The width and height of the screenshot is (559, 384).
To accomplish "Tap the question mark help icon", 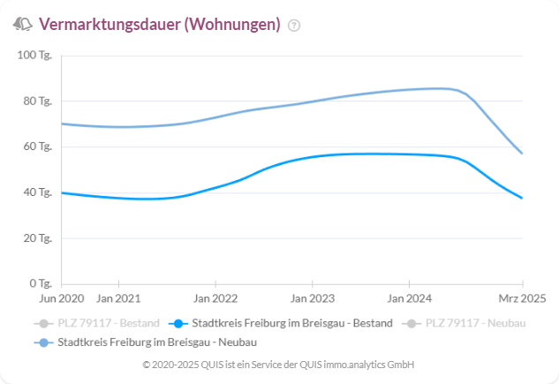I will coord(294,26).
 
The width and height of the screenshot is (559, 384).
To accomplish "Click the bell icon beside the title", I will coord(22,25).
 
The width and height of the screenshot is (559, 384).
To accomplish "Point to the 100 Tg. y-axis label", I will coord(35,55).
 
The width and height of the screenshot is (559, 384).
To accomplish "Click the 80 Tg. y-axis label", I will coord(38,101).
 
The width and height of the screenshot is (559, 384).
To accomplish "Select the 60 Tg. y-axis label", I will coord(38,147).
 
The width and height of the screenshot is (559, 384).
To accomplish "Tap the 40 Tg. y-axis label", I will coord(38,192).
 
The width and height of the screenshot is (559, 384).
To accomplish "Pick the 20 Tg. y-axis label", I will coord(38,238).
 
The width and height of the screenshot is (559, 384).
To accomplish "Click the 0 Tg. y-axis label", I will coord(41,284).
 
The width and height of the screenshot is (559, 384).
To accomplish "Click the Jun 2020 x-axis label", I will coord(61,299).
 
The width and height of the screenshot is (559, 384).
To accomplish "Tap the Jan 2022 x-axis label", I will coord(215,299).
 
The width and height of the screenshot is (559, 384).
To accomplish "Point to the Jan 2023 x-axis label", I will coord(313,299).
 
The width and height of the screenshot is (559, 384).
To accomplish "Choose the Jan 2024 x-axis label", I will coord(410,299).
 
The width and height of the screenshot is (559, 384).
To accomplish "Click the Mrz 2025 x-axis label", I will coord(522,299).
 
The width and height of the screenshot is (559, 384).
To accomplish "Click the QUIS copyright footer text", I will coord(279,365).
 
